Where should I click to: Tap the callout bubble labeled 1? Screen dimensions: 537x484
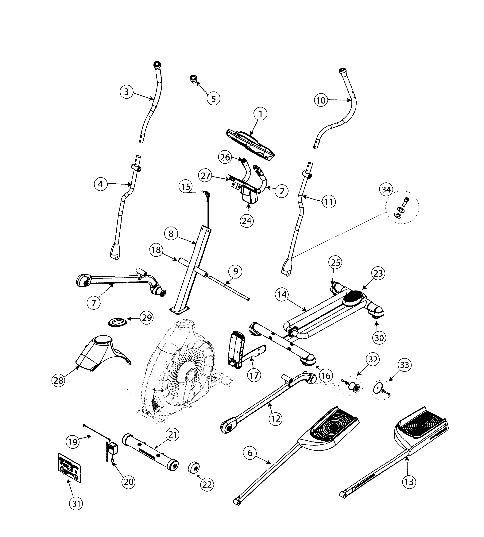click(x=260, y=114)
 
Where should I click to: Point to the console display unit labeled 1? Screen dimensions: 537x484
click(x=250, y=145)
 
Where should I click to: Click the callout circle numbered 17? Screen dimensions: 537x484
click(x=254, y=375)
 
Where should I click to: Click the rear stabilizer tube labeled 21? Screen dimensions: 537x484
click(x=150, y=452)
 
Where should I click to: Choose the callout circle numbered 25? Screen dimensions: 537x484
click(x=335, y=263)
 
